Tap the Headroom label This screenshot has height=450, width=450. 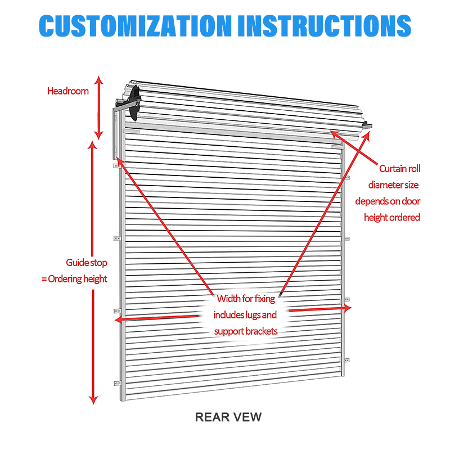tap(68, 91)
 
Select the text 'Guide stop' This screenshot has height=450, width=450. tap(86, 263)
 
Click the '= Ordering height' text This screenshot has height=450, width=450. tap(74, 279)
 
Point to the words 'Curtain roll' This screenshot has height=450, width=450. tap(399, 168)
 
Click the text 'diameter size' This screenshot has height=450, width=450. tap(394, 184)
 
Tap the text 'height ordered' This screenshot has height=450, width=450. tap(392, 217)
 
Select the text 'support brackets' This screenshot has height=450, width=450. tap(246, 331)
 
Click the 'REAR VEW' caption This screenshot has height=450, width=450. tap(228, 417)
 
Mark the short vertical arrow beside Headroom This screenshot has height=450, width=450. tap(99, 107)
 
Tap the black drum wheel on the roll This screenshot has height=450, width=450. tap(134, 105)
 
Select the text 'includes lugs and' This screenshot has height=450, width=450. tap(245, 314)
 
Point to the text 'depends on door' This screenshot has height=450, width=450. tap(388, 201)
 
